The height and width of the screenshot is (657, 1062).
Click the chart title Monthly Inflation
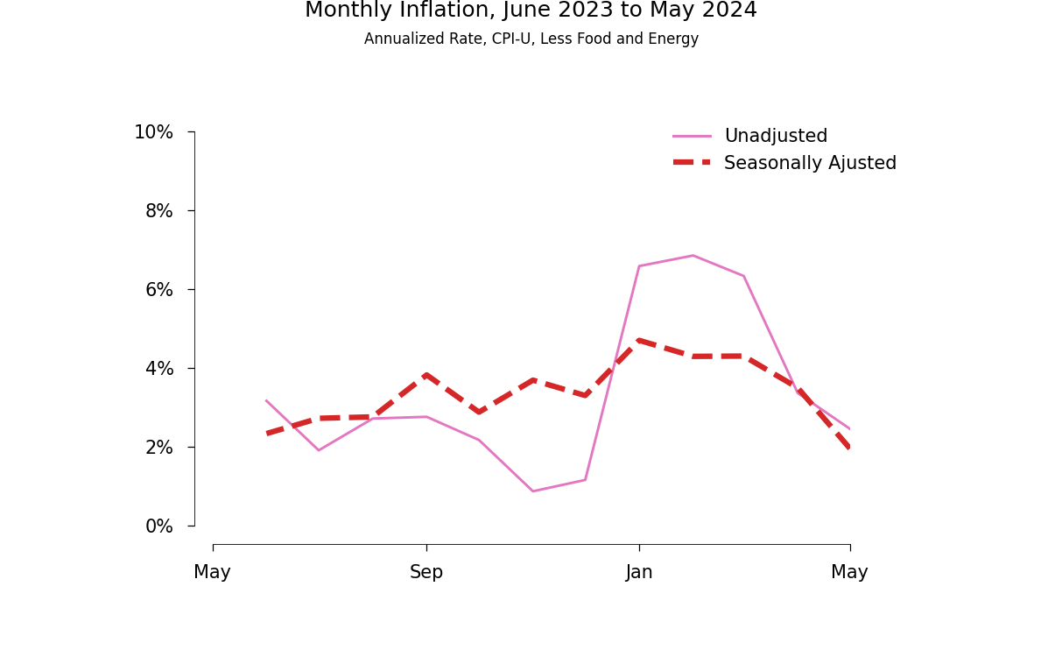pyautogui.click(x=531, y=11)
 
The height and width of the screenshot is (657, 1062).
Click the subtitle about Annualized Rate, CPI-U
pyautogui.click(x=531, y=39)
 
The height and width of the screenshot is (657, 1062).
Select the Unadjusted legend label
pyautogui.click(x=775, y=137)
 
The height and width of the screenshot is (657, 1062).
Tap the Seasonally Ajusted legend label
pyautogui.click(x=810, y=164)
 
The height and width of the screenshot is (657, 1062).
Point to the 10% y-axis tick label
pyautogui.click(x=153, y=132)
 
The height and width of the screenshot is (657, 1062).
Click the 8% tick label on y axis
pyautogui.click(x=158, y=211)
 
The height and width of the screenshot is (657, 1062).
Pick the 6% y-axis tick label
pyautogui.click(x=158, y=290)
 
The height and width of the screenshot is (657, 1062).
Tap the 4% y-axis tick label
pyautogui.click(x=158, y=369)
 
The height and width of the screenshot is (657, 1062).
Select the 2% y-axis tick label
pyautogui.click(x=158, y=448)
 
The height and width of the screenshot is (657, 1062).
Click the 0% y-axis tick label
pyautogui.click(x=158, y=526)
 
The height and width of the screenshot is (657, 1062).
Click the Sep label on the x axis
pyautogui.click(x=426, y=573)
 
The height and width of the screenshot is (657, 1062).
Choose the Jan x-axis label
pyautogui.click(x=639, y=573)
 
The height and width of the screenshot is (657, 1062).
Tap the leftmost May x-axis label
pyautogui.click(x=212, y=573)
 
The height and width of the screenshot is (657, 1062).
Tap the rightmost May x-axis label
pyautogui.click(x=849, y=573)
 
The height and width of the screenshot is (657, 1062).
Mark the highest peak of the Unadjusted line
pyautogui.click(x=693, y=256)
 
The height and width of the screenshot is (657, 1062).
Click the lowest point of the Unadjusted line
pyautogui.click(x=532, y=491)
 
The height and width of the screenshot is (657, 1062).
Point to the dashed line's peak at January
pyautogui.click(x=639, y=340)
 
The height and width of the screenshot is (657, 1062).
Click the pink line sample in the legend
pyautogui.click(x=692, y=137)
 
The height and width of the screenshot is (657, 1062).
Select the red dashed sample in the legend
pyautogui.click(x=692, y=163)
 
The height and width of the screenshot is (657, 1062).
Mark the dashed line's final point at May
pyautogui.click(x=849, y=447)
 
